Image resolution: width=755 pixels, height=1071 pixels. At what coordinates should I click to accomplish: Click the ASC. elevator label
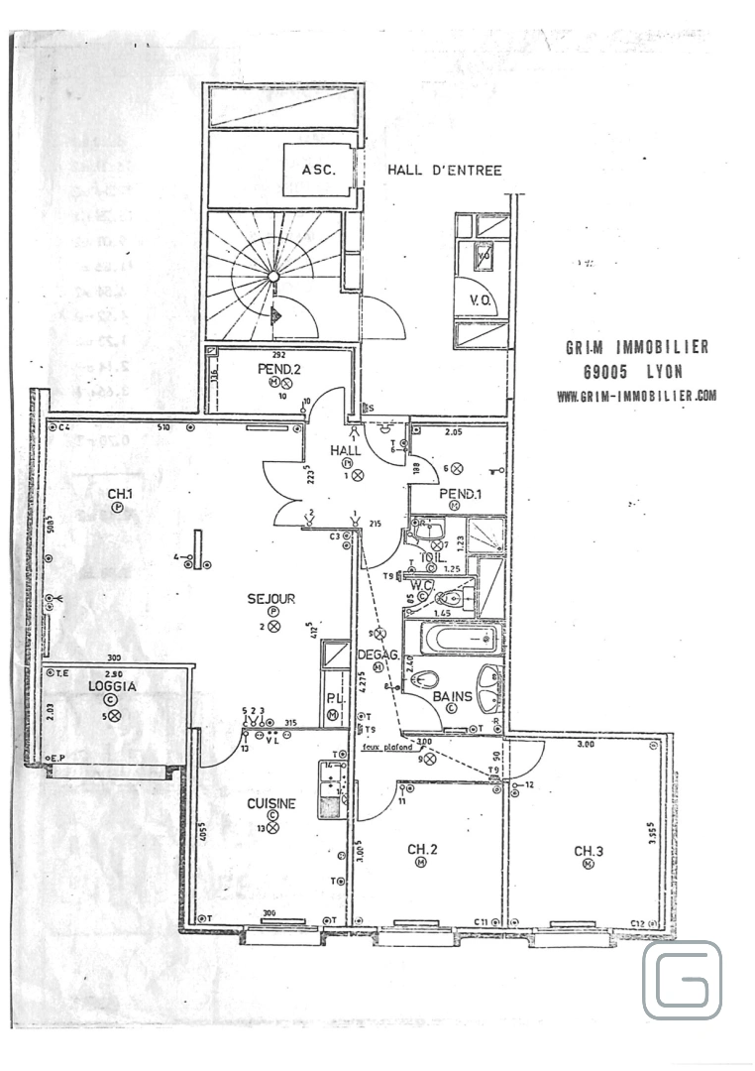tap(318, 170)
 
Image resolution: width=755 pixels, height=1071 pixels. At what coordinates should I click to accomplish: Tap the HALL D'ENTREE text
tap(444, 171)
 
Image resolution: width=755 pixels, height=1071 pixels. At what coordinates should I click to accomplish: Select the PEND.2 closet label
tap(278, 370)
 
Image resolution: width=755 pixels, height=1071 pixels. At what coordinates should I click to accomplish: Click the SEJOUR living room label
tap(271, 599)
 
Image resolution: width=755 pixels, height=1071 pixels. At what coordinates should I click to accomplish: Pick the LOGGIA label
tap(111, 685)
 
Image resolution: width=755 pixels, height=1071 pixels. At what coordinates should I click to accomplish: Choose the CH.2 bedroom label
tap(423, 849)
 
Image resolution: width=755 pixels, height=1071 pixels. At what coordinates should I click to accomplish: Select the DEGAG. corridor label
tap(377, 654)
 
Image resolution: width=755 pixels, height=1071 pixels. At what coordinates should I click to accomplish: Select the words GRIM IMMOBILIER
tap(636, 347)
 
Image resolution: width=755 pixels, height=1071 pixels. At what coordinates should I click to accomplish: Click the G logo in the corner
tap(682, 981)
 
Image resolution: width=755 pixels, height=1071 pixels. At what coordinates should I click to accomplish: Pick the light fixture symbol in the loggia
tap(114, 715)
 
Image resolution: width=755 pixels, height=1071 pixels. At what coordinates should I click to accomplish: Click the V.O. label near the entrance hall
tap(482, 299)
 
